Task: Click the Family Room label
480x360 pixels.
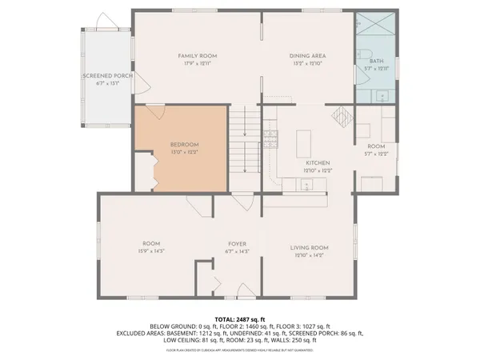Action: tap(198, 55)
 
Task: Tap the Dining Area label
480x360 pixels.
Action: tap(308, 55)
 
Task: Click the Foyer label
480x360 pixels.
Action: tap(236, 243)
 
